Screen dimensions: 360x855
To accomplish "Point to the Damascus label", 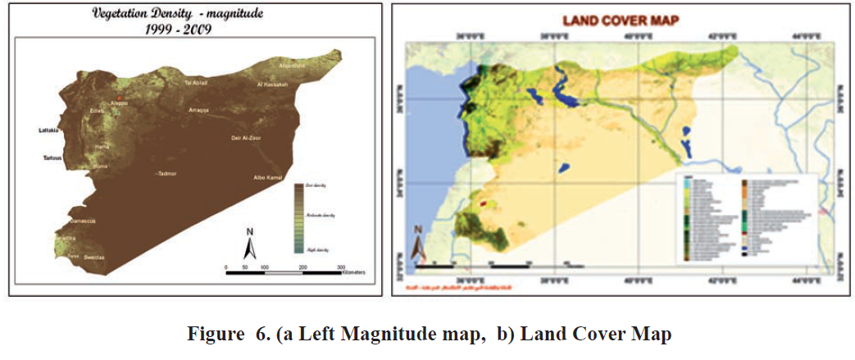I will (x=82, y=221).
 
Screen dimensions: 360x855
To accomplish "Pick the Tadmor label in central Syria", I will (x=167, y=174).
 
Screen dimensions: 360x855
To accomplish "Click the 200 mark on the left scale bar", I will (x=302, y=267).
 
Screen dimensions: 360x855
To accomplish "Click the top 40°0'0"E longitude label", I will (x=637, y=37).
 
